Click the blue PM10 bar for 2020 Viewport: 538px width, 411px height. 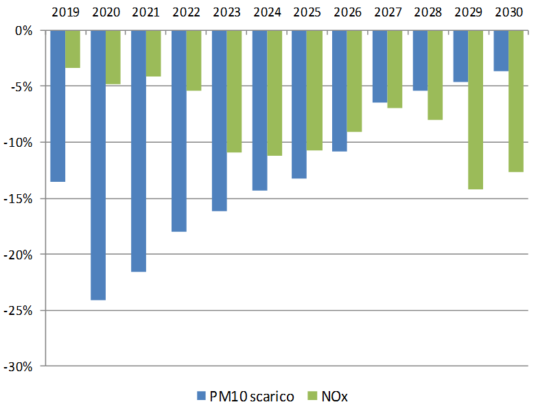pyautogui.click(x=98, y=165)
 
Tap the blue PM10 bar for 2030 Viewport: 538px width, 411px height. pyautogui.click(x=501, y=51)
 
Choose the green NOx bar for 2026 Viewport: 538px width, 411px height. pyautogui.click(x=354, y=81)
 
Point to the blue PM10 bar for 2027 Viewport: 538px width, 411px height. pyautogui.click(x=379, y=67)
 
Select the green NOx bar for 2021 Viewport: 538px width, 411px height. pyautogui.click(x=153, y=54)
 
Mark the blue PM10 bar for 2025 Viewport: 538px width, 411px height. pyautogui.click(x=299, y=104)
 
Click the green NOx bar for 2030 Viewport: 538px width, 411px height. pyautogui.click(x=516, y=101)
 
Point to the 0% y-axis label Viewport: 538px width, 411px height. pyautogui.click(x=24, y=31)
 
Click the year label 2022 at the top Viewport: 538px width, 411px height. pyautogui.click(x=186, y=12)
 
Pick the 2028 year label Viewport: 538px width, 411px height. pyautogui.click(x=428, y=12)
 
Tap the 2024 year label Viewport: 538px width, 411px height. pyautogui.click(x=267, y=12)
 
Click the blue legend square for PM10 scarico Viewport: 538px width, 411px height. pyautogui.click(x=201, y=396)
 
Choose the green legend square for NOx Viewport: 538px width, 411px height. pyautogui.click(x=312, y=396)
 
